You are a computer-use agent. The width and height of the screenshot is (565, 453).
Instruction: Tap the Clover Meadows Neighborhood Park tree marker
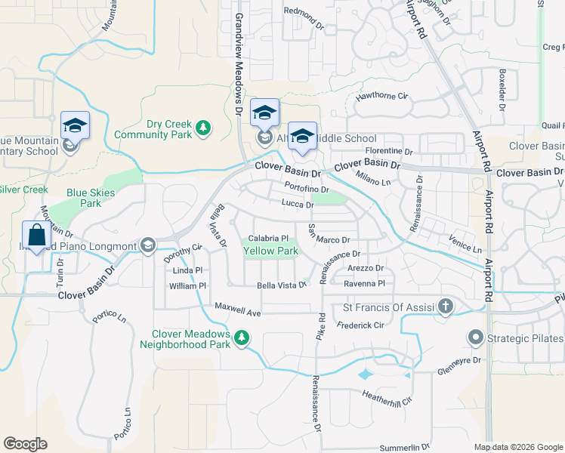click(242, 337)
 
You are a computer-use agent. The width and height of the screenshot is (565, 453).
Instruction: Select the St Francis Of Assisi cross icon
click(446, 307)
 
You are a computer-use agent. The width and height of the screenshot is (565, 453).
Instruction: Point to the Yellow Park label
click(270, 251)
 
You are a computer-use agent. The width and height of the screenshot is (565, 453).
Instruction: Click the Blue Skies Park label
click(90, 198)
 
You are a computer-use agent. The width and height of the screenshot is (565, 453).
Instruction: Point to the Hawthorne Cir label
click(381, 97)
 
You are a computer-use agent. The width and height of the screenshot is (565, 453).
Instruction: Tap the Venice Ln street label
click(465, 248)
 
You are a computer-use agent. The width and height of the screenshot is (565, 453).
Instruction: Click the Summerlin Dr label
click(405, 447)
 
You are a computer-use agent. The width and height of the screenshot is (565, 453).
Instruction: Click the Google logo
click(25, 444)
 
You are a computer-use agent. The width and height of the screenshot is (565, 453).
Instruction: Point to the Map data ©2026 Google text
click(517, 447)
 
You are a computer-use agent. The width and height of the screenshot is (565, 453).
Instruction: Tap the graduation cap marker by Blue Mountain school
click(76, 125)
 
